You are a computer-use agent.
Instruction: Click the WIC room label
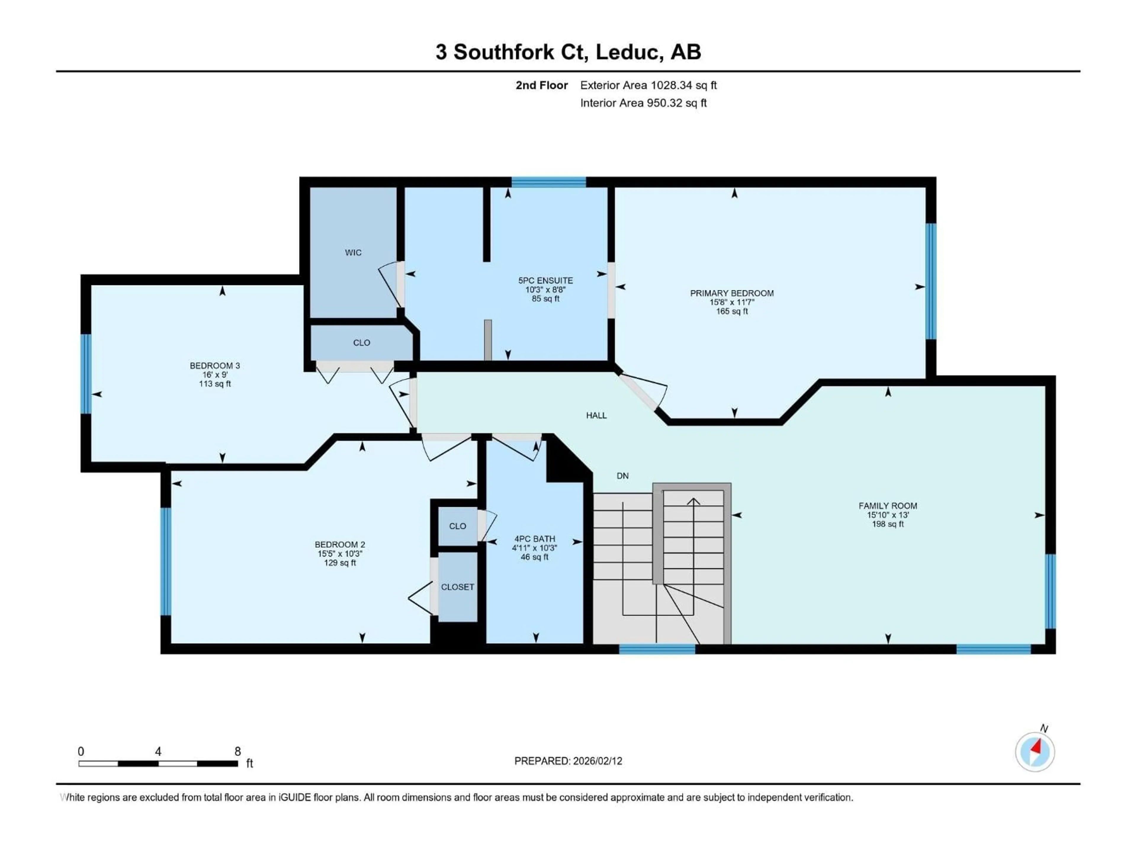coord(353,252)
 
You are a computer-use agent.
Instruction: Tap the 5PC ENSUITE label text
coord(545,281)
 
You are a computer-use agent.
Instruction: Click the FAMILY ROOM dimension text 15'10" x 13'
coord(888,515)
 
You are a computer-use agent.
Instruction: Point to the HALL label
coord(596,416)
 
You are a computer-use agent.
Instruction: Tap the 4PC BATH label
coord(534,539)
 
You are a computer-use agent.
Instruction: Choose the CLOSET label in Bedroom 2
coord(457,587)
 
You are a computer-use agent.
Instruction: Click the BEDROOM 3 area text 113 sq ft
coord(215,384)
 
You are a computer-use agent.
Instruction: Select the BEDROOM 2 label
coord(340,544)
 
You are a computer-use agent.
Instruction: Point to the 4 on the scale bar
coord(158,752)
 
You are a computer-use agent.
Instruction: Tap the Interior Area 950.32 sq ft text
coord(643,103)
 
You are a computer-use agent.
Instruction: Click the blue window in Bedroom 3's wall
coord(86,374)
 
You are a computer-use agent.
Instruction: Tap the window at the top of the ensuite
coord(548,182)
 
